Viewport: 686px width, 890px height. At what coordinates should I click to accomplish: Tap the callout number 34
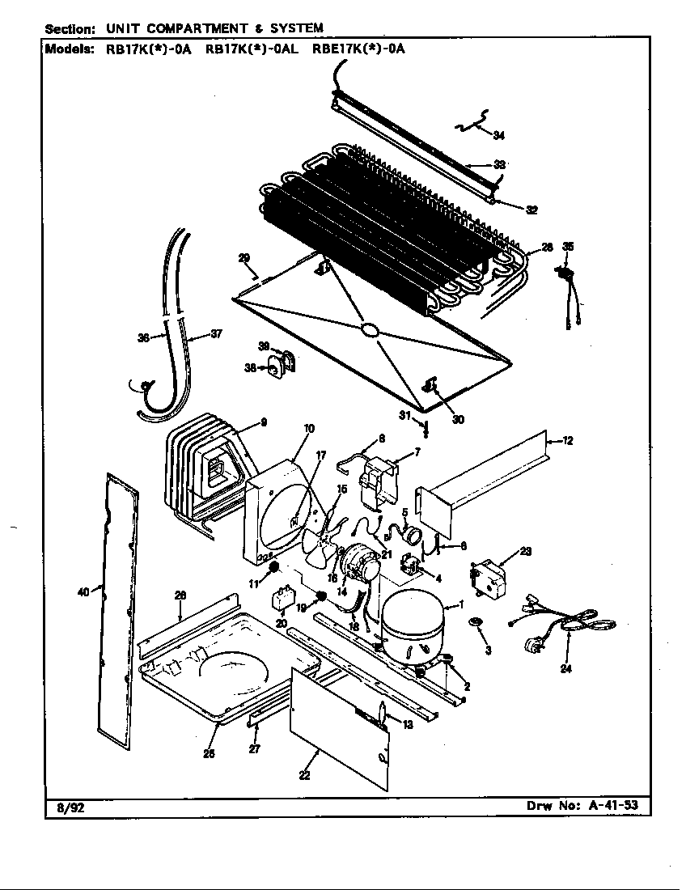[498, 134]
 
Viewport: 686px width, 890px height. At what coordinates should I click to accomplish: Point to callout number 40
[83, 592]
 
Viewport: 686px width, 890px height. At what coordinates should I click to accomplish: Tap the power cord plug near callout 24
[534, 645]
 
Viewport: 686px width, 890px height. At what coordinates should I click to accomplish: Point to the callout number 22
[304, 774]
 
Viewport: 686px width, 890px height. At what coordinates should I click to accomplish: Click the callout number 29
[243, 258]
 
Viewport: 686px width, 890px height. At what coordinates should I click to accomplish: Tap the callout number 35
[568, 246]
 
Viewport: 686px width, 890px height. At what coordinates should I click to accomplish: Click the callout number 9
[264, 422]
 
